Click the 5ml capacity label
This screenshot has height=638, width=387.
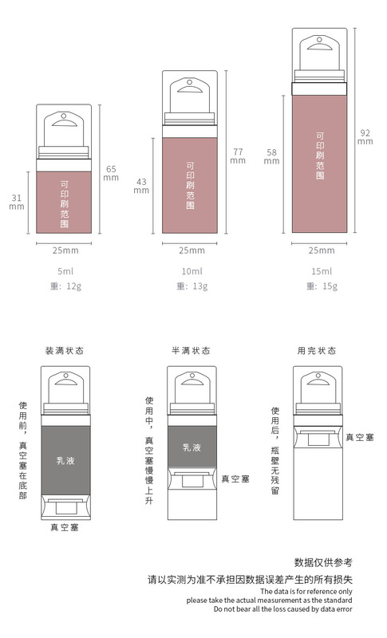tap(65, 271)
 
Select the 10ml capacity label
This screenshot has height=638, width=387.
tap(192, 271)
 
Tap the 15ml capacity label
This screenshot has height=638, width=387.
tap(322, 271)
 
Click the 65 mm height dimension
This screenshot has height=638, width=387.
tap(111, 173)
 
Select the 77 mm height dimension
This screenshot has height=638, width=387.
tap(238, 156)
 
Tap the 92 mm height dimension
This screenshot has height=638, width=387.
tap(365, 137)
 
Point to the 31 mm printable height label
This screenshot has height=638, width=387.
tap(17, 202)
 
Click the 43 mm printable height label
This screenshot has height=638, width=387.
tap(141, 186)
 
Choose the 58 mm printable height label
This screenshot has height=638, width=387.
tap(271, 156)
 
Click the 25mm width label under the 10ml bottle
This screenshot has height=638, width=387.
tap(192, 250)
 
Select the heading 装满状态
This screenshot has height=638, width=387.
tap(65, 351)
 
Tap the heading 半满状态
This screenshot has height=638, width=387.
tap(191, 351)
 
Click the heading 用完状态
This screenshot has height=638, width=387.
tap(317, 351)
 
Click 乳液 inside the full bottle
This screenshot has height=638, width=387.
tap(65, 461)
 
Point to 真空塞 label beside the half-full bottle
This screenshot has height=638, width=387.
tap(235, 479)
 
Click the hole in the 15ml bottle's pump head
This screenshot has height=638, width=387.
tap(320, 40)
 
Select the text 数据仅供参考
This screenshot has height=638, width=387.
tap(323, 563)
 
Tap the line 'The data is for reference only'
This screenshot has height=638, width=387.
tap(306, 592)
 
